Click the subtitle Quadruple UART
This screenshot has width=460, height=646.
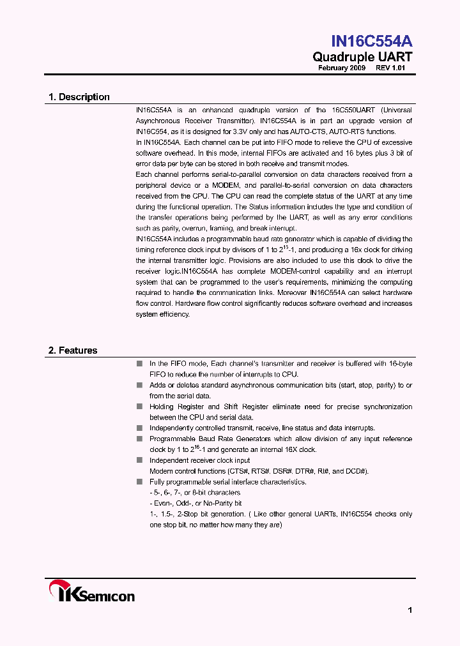click(x=362, y=57)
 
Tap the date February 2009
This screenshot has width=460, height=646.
click(x=342, y=68)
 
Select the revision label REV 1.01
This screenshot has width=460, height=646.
click(x=390, y=68)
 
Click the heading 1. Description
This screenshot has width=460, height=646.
click(x=79, y=97)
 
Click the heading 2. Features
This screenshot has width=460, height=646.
click(x=73, y=350)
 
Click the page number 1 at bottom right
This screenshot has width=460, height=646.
click(x=410, y=610)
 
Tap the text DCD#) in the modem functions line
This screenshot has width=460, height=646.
click(x=356, y=471)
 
